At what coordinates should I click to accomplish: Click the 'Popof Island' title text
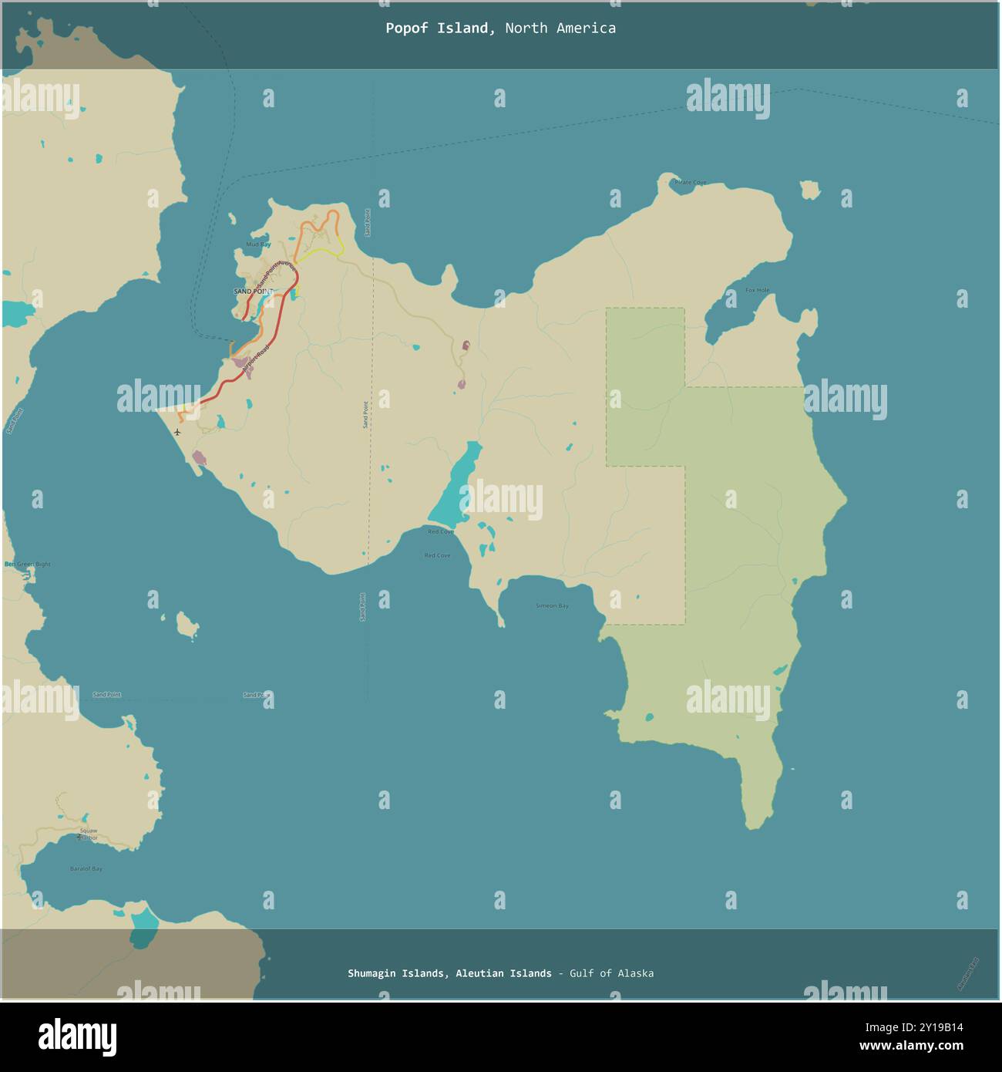439,29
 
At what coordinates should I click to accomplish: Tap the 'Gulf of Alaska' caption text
611,973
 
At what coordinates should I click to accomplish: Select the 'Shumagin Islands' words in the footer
396,973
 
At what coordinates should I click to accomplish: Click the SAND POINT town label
253,291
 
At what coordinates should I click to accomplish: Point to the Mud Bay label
258,244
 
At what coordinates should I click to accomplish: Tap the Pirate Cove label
690,183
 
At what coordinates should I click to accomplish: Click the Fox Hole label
757,290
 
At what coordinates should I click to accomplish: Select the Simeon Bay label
552,606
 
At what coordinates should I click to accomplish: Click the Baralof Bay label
86,869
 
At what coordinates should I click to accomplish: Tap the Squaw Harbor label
88,834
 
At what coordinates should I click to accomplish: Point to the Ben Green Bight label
28,565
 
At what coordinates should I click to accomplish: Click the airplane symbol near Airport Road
178,432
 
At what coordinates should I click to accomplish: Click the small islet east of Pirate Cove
809,190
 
